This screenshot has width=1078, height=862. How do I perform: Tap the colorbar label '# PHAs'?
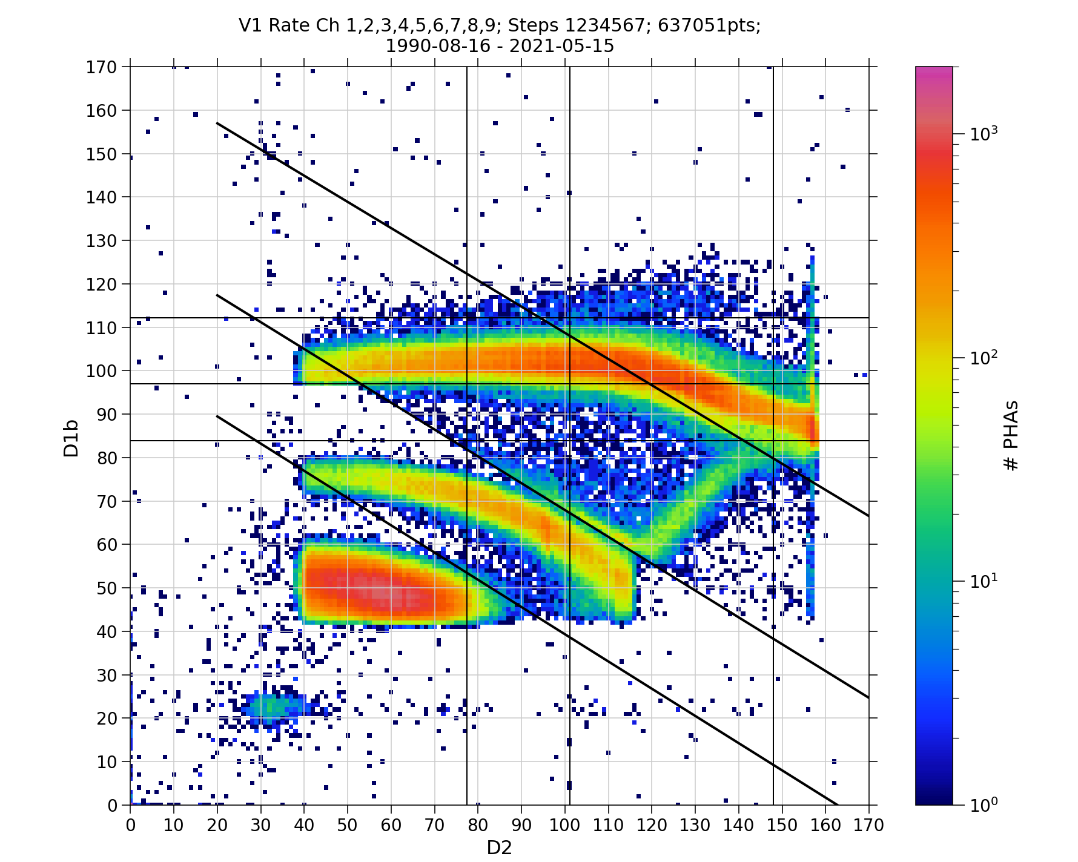pos(1011,435)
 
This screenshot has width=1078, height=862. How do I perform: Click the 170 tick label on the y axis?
pos(102,67)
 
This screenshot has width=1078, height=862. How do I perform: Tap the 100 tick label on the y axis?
pos(102,371)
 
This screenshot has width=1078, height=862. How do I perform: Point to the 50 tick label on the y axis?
pos(106,588)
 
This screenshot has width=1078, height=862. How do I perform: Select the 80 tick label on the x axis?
pos(478,825)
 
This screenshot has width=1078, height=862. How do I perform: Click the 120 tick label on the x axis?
pos(652,825)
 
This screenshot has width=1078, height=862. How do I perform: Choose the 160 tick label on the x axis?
pos(825,825)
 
